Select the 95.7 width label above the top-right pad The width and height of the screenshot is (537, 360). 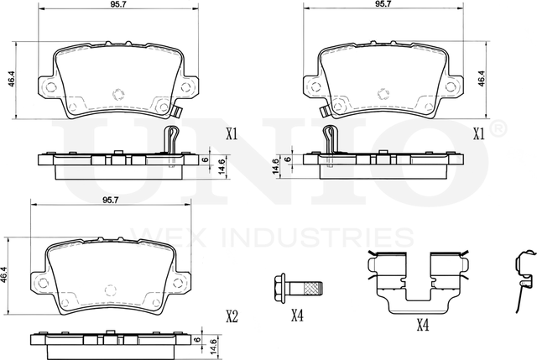pos(383,4)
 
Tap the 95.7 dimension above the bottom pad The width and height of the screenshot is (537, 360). pos(110,201)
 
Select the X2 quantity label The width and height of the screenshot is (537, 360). pos(232,316)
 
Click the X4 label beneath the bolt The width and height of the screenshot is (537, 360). pos(296,316)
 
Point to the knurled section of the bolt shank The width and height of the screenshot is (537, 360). pos(312,290)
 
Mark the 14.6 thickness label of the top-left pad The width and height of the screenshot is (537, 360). pos(221,165)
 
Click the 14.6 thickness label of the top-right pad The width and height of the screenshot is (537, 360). pos(274,167)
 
